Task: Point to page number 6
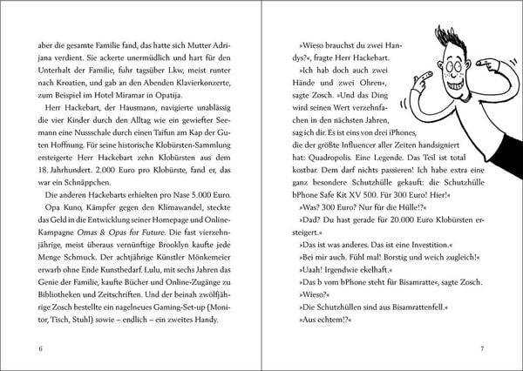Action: (x=41, y=349)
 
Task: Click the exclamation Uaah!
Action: (x=309, y=275)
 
